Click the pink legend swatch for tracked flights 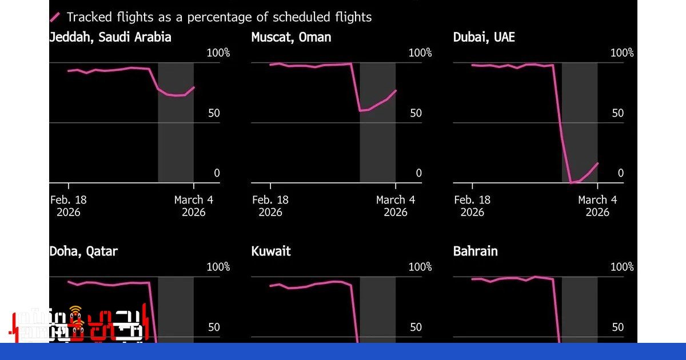pyautogui.click(x=55, y=17)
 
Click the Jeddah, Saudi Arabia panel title pyautogui.click(x=110, y=37)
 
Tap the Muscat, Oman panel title pyautogui.click(x=291, y=37)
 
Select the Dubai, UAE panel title pyautogui.click(x=484, y=37)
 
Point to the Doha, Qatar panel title pyautogui.click(x=83, y=251)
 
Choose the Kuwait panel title pyautogui.click(x=271, y=251)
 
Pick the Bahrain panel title pyautogui.click(x=475, y=251)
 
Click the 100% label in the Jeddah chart pyautogui.click(x=218, y=53)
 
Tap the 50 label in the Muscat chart pyautogui.click(x=416, y=113)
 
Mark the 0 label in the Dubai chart pyautogui.click(x=620, y=173)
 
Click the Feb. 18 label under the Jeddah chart pyautogui.click(x=69, y=200)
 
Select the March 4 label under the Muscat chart pyautogui.click(x=396, y=200)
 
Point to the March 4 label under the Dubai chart pyautogui.click(x=597, y=200)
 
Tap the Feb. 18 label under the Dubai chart pyautogui.click(x=472, y=200)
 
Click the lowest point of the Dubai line pyautogui.click(x=571, y=182)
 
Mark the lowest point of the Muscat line pyautogui.click(x=360, y=110)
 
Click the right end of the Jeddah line pyautogui.click(x=194, y=87)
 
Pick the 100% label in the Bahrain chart pyautogui.click(x=622, y=267)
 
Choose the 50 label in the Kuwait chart pyautogui.click(x=416, y=327)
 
